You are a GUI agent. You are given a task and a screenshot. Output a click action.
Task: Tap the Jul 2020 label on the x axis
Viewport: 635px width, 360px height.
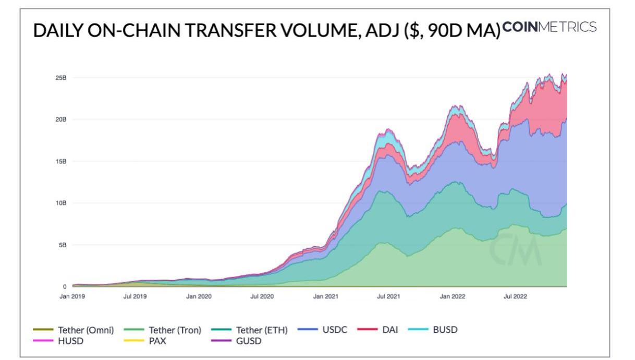(262, 296)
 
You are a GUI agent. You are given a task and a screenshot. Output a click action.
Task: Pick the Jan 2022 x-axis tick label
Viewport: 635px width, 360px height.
(452, 296)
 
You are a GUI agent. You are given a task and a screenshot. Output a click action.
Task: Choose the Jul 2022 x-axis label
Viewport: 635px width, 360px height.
(515, 296)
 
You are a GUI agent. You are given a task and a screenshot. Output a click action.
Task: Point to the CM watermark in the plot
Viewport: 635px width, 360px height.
(515, 249)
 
